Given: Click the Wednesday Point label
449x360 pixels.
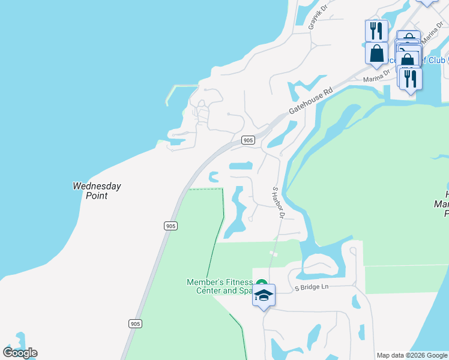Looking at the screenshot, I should click(97, 191).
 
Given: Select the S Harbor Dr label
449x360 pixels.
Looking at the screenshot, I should click(278, 202).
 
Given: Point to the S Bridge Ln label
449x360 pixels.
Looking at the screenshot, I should click(312, 287).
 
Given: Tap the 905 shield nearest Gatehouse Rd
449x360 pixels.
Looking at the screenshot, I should click(248, 140).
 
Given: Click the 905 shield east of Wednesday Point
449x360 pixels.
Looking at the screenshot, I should click(170, 226).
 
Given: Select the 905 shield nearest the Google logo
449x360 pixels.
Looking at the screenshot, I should click(135, 323).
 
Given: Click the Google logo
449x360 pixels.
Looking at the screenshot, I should click(20, 352).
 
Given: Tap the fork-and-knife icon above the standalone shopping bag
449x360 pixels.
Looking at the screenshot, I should click(376, 30).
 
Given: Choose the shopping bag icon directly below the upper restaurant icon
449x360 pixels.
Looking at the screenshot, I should click(376, 53).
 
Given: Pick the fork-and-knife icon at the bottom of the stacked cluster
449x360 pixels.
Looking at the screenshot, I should click(411, 79).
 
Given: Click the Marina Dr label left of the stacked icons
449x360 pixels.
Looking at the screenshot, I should click(376, 80).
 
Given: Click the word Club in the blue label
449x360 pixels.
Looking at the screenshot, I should click(438, 60).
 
